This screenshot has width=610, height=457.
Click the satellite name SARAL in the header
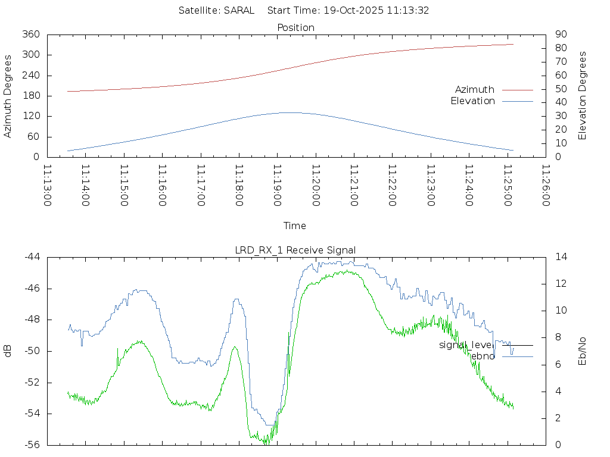coord(239,11)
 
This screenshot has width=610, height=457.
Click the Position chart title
coord(295,28)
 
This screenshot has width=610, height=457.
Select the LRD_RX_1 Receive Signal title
coord(295,250)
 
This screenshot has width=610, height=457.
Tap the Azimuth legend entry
coord(475,90)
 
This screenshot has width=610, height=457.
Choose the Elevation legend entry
coord(472,101)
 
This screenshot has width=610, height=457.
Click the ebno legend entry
coord(483,356)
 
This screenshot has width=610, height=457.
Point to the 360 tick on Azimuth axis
coord(30,35)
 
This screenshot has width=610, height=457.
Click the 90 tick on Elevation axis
coord(560,35)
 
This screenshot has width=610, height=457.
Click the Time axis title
coord(295,226)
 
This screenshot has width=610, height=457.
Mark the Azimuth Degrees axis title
coord(8,96)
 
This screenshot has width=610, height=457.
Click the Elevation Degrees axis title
coord(583,96)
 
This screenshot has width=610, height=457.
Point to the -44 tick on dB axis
coord(31,257)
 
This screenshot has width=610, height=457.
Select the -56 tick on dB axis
coord(31,445)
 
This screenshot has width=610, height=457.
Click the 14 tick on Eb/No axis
coord(561,257)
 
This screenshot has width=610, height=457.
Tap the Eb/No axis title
coord(583,351)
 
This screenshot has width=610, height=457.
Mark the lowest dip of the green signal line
coord(267,443)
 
